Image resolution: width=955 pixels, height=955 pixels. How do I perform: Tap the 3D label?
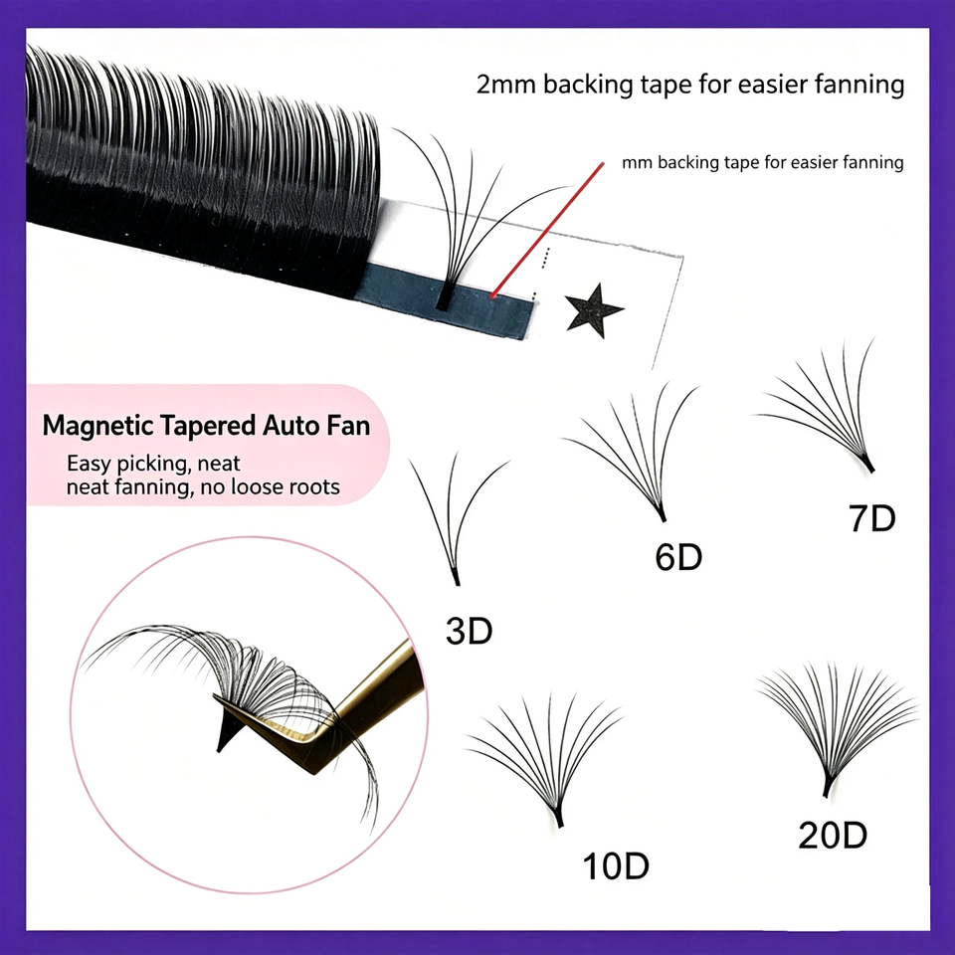point(469,631)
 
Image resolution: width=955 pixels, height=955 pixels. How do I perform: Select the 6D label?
point(678,557)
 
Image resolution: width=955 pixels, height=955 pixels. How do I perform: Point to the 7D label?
point(872,518)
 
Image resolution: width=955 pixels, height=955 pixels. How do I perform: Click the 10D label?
point(616,865)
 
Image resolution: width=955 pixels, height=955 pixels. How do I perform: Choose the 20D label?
point(833,835)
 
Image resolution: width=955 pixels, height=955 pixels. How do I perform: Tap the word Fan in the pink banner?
point(348,425)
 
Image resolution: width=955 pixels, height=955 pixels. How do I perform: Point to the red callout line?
point(547,230)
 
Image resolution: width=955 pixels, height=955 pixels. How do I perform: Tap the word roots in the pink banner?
point(314,487)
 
